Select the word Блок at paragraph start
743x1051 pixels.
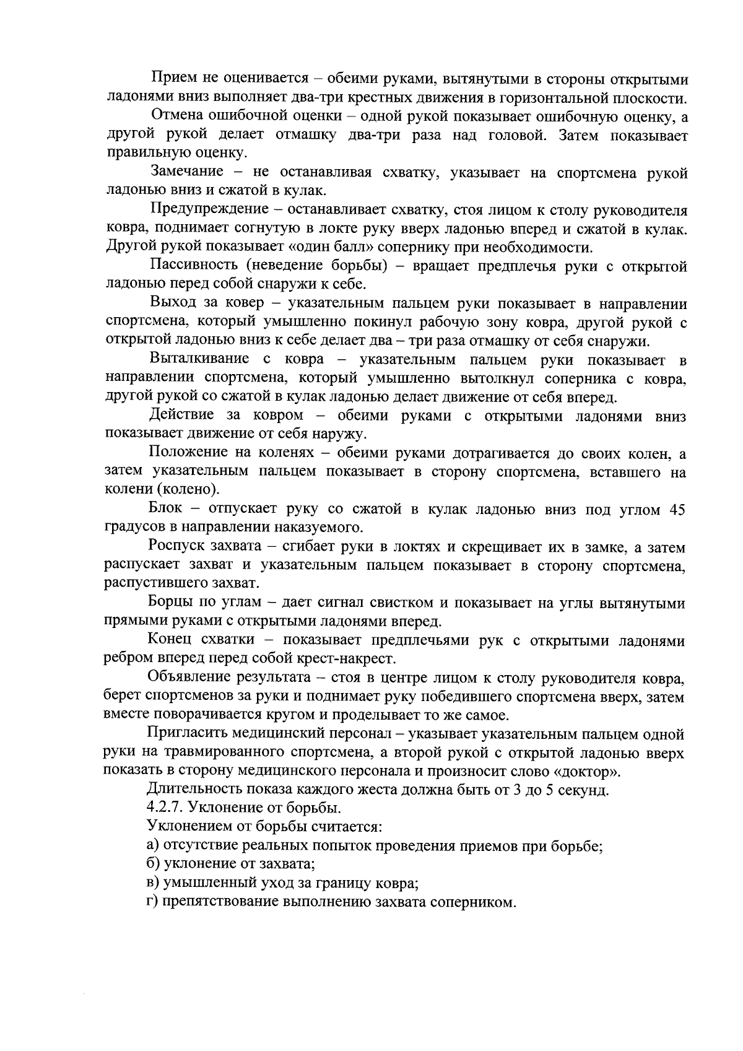point(165,509)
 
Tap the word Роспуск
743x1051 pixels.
point(175,547)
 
